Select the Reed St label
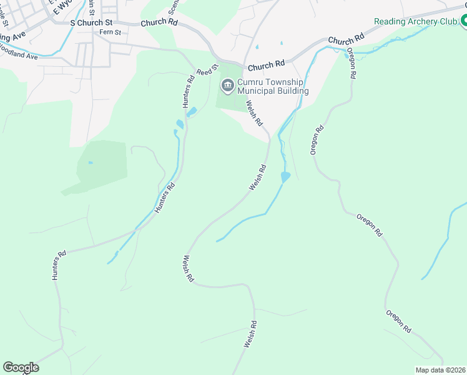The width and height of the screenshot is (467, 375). [x=208, y=69]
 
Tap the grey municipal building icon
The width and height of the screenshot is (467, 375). [x=227, y=84]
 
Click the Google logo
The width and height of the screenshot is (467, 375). [x=21, y=367]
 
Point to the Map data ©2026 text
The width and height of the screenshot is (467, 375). [x=440, y=370]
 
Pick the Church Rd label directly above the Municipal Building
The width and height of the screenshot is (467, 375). [x=266, y=65]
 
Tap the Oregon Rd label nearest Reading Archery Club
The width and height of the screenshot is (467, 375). [x=352, y=63]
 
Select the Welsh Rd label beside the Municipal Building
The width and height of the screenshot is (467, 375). [x=254, y=114]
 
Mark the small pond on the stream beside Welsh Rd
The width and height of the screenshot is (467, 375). [x=285, y=177]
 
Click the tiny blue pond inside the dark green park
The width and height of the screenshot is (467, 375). [x=91, y=162]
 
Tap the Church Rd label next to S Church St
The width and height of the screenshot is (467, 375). [x=159, y=22]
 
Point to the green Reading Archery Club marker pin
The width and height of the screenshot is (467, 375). [x=463, y=21]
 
